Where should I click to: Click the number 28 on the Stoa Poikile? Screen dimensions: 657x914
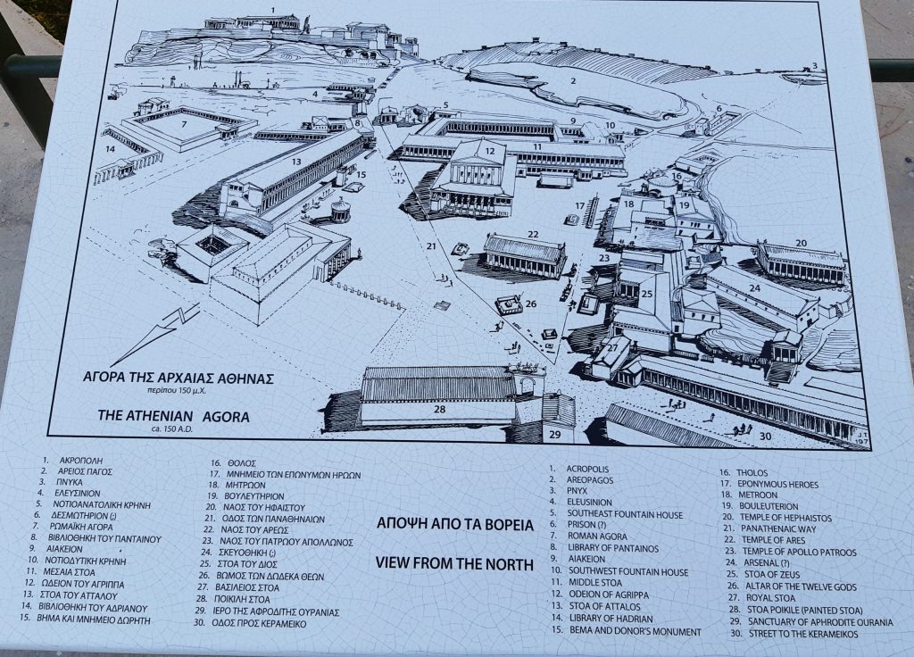coord(439,409)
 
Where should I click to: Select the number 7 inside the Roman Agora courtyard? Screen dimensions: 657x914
coord(184,123)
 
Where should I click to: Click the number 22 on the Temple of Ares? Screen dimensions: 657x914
coord(533,235)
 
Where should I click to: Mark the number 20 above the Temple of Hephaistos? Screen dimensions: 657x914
coord(800,243)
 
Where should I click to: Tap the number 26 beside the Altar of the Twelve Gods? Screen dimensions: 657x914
coord(530,304)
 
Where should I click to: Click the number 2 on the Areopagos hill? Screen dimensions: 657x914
coord(576,81)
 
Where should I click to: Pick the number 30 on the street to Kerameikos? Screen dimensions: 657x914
coord(765,436)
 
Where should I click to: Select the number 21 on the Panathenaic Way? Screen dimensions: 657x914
coord(432,245)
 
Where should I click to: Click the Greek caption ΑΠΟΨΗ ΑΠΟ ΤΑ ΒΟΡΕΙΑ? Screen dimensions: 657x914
coord(455,525)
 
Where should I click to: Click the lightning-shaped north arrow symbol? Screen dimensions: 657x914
coord(171,329)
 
